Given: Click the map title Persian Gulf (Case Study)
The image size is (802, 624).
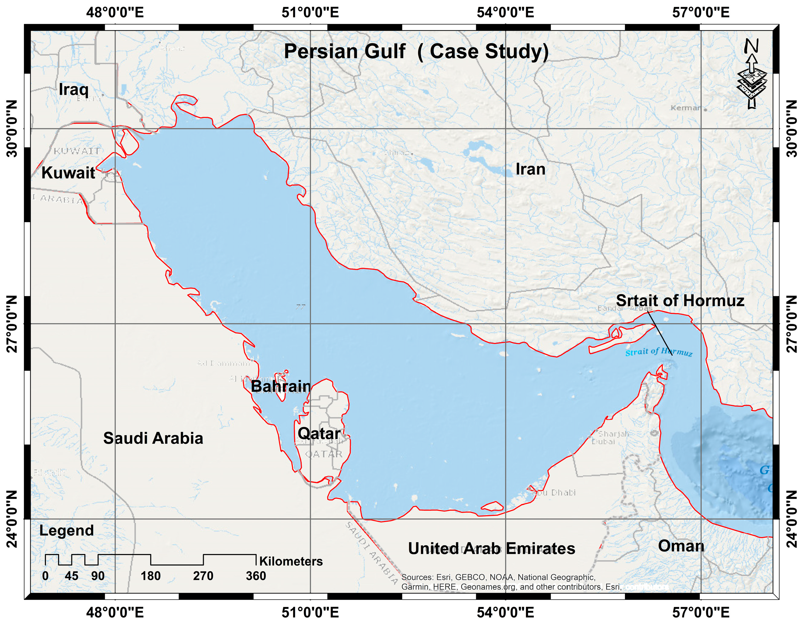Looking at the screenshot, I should click(416, 51).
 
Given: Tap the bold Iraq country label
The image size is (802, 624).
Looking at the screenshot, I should click(73, 89).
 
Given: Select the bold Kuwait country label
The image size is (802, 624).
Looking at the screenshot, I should click(68, 173).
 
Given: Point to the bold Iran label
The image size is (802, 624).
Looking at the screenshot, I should click(530, 169).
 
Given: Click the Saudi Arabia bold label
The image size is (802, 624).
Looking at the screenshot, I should click(153, 438).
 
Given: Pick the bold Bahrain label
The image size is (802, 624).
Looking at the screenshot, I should click(281, 386).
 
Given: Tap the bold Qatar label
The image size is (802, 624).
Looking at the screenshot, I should click(319, 434).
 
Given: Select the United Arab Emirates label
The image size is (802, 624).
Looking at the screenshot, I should click(491, 548).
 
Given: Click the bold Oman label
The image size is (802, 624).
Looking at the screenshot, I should click(681, 546).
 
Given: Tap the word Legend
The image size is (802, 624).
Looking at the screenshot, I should click(67, 530).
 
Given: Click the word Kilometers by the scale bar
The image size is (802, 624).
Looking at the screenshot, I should click(291, 561).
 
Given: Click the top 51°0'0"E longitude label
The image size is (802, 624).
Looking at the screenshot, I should click(310, 12).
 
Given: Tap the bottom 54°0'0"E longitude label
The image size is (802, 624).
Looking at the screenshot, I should click(505, 612).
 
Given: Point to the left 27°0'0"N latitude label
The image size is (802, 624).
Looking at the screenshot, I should click(12, 324).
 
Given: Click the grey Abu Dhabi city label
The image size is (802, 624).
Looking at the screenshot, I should click(554, 492).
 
